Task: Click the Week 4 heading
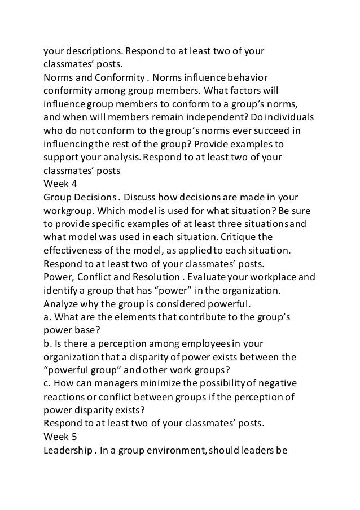pyautogui.click(x=61, y=183)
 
